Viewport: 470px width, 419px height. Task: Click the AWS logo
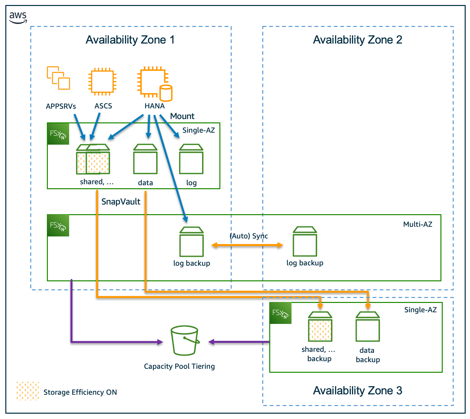click(x=18, y=17)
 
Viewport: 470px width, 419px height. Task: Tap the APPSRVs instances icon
click(x=59, y=78)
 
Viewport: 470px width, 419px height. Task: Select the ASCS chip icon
click(x=102, y=82)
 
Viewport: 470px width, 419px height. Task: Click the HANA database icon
click(x=155, y=84)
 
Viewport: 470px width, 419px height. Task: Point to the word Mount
click(x=182, y=116)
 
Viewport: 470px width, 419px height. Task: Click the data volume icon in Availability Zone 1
click(x=145, y=159)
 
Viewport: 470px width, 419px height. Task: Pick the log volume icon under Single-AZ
click(x=191, y=159)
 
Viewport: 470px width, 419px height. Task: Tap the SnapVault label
click(x=121, y=202)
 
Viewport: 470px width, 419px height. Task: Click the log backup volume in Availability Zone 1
click(x=191, y=242)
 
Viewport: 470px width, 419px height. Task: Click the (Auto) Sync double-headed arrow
click(x=247, y=245)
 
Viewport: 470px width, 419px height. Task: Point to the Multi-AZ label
click(x=417, y=224)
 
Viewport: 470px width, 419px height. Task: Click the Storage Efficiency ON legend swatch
click(x=28, y=391)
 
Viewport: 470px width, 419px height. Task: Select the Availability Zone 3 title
click(x=357, y=390)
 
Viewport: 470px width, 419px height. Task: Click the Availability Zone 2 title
click(x=357, y=40)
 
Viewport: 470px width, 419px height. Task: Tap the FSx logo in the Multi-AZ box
click(x=58, y=225)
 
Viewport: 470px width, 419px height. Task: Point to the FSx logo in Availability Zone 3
click(x=281, y=313)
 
